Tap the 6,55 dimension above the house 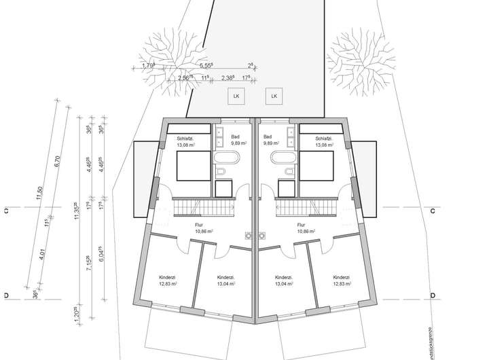click(x=206, y=66)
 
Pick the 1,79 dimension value click(x=148, y=66)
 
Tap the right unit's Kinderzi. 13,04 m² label click(x=284, y=282)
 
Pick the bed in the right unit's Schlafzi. click(x=316, y=165)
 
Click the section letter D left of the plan click(x=5, y=295)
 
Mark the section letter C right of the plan click(x=432, y=211)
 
